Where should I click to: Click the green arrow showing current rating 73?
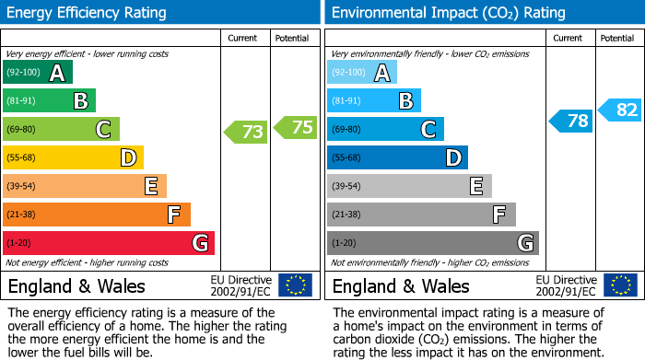click(246, 133)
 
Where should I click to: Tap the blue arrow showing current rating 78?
click(571, 121)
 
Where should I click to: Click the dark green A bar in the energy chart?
click(38, 73)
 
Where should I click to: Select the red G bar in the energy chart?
click(109, 243)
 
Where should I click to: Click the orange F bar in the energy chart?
click(97, 215)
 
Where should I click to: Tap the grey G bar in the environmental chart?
click(432, 243)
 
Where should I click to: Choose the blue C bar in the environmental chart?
click(385, 129)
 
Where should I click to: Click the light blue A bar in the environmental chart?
click(362, 73)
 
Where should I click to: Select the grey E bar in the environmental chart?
click(409, 186)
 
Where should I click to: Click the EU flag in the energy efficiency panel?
click(295, 285)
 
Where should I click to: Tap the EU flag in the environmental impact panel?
click(619, 285)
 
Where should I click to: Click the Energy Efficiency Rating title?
click(88, 13)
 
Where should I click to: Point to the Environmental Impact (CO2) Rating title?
click(448, 13)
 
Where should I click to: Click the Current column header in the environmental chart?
click(569, 38)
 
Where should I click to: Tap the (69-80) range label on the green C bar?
click(23, 130)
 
